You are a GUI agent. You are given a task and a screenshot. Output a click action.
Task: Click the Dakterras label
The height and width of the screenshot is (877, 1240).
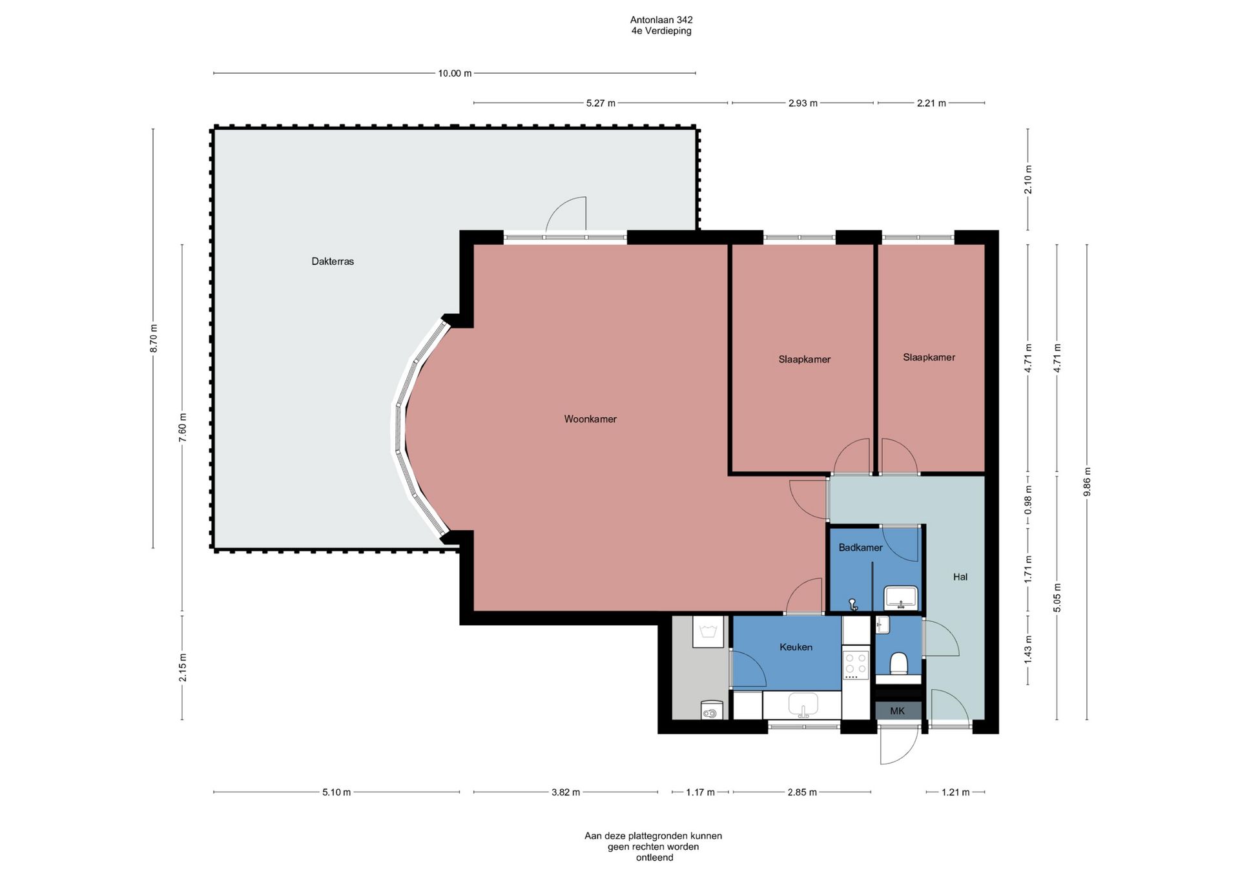point(333,262)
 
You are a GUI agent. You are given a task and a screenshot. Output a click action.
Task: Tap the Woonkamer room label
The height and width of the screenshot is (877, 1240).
point(590,419)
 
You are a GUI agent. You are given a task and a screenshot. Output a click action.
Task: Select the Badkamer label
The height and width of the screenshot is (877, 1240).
point(860,548)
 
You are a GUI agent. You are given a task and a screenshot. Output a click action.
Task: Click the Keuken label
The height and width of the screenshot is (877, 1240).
point(796,647)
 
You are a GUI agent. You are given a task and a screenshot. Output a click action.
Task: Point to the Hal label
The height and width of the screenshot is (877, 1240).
point(960,577)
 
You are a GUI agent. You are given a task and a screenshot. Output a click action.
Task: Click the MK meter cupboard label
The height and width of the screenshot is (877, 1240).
point(897,711)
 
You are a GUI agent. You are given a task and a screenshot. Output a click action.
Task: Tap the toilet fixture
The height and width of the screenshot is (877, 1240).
point(898,663)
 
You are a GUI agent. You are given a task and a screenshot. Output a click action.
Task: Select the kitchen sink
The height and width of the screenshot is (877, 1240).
point(803,705)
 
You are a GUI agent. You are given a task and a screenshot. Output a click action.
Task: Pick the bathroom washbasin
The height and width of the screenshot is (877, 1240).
point(900,597)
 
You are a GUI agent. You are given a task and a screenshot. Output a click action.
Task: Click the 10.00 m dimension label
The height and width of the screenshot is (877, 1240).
point(455,74)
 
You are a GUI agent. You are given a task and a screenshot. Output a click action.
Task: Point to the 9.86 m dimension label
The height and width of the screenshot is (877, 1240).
point(1087,482)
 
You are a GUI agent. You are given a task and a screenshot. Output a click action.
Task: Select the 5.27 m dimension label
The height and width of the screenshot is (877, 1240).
point(601,103)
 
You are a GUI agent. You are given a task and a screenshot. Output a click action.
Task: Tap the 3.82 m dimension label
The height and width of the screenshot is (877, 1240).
point(566,792)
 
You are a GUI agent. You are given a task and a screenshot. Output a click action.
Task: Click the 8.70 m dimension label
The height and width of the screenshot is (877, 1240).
point(153,338)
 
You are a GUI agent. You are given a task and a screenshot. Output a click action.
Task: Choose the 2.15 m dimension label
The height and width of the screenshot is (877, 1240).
point(183,668)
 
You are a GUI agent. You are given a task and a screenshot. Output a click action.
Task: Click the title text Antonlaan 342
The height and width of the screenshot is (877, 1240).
point(661,20)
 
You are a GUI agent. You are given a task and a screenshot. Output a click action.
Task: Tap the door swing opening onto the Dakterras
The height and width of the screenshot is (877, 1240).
point(566,214)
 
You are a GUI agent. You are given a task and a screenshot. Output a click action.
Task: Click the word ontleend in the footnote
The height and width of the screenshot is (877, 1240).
point(655,858)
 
